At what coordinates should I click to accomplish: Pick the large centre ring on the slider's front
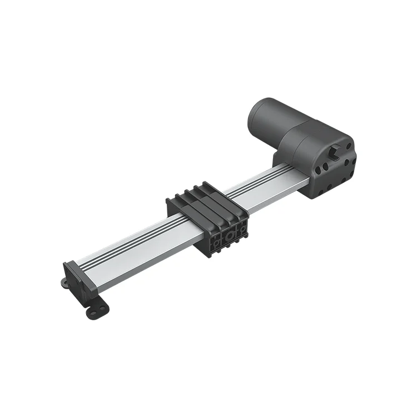[x=229, y=236]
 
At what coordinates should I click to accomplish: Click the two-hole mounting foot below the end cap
[x=98, y=309]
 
